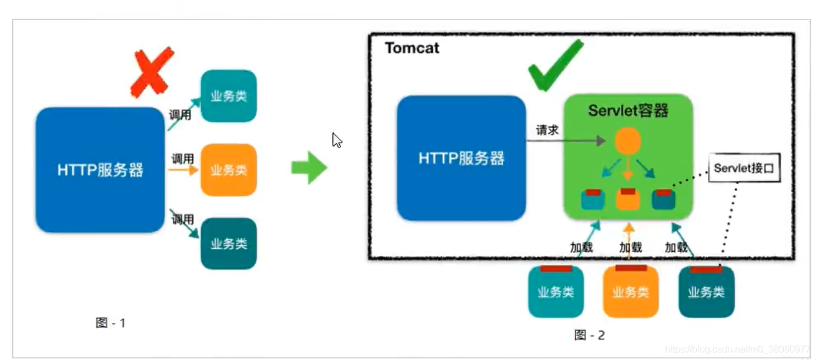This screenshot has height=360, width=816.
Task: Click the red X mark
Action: [x=152, y=72]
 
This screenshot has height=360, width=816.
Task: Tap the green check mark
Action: [x=554, y=66]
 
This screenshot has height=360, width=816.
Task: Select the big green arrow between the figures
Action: [x=309, y=168]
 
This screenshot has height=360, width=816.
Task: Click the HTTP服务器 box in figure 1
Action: [x=100, y=170]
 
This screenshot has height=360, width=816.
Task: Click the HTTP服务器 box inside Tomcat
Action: [x=461, y=158]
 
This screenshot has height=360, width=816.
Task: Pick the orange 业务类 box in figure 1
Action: [x=229, y=170]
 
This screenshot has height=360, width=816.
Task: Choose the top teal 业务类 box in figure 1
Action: [x=229, y=96]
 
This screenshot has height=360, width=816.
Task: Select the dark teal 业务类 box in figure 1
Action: [x=229, y=244]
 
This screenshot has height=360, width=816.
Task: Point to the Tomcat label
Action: [x=412, y=48]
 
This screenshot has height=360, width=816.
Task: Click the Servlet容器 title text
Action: [x=628, y=110]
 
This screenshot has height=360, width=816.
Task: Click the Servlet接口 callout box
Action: [x=744, y=168]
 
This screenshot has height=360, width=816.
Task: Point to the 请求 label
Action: [x=547, y=130]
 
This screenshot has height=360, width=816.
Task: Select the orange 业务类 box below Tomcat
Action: [x=630, y=292]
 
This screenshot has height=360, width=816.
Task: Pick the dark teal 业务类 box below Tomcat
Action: [x=706, y=292]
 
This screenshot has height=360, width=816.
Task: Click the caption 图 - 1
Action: [x=111, y=323]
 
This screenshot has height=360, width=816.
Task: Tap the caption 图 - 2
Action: [x=589, y=335]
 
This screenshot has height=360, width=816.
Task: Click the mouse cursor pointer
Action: [x=337, y=141]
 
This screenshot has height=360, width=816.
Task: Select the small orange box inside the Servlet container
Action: [x=627, y=199]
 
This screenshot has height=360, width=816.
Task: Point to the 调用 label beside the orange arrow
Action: [x=182, y=159]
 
